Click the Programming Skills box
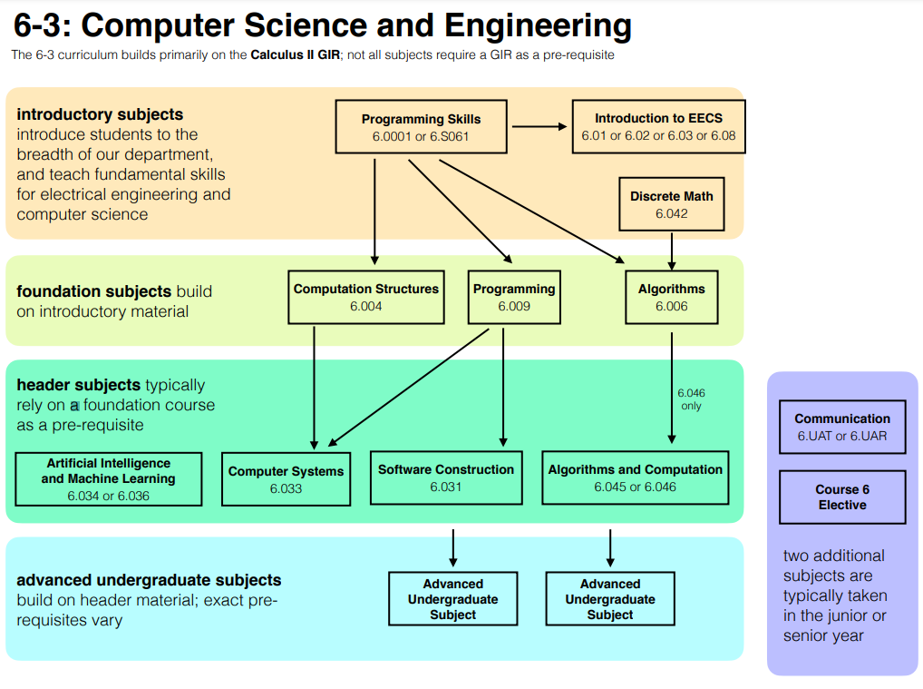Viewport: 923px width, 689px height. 421,127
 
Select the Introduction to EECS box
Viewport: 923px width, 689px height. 658,127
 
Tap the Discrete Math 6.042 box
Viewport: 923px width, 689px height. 672,204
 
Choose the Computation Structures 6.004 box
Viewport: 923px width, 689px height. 366,297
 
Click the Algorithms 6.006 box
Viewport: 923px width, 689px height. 671,297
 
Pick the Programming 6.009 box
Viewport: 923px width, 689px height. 514,297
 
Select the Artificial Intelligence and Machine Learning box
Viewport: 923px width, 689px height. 108,479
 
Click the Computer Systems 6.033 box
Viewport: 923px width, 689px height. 286,479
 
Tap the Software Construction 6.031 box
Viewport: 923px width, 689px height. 446,477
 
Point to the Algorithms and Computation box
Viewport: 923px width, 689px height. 635,477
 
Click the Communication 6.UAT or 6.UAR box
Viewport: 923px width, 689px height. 842,427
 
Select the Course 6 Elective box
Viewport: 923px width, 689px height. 842,497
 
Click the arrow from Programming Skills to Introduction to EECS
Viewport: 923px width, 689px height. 539,127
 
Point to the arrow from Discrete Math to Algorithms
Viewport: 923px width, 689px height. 672,250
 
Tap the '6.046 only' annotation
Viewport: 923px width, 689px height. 691,399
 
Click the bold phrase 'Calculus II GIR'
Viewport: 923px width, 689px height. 295,55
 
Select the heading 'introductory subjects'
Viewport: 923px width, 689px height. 100,114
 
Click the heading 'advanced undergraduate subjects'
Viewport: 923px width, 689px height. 149,580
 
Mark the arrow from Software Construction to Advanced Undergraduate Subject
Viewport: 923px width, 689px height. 452,547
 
